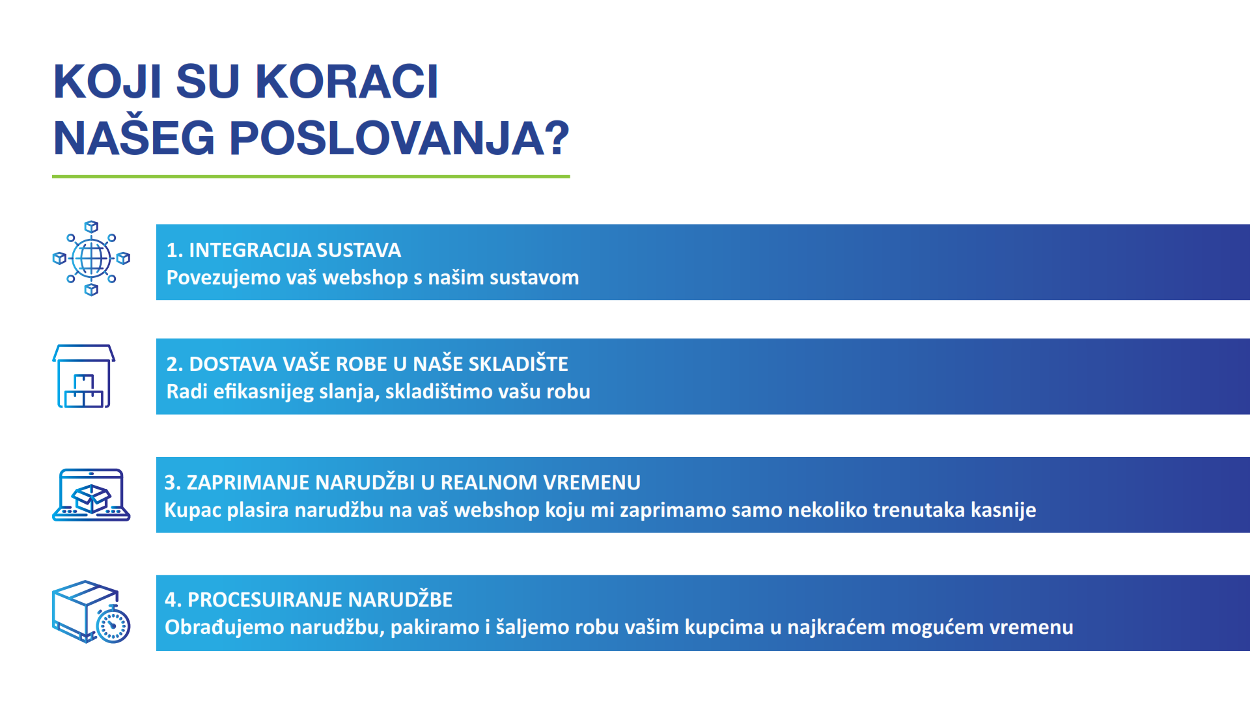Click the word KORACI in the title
tap(346, 82)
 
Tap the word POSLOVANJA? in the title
tap(399, 138)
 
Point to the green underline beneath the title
tap(311, 176)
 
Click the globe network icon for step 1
tap(91, 258)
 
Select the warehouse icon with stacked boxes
tap(84, 376)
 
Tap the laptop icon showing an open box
tap(91, 495)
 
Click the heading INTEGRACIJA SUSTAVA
tap(295, 250)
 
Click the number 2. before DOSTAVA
tap(174, 364)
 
